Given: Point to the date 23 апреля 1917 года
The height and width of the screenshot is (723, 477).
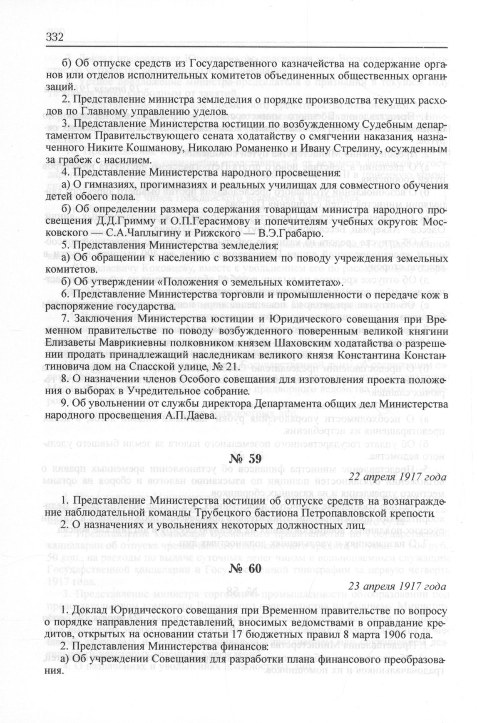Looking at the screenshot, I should click(397, 586).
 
